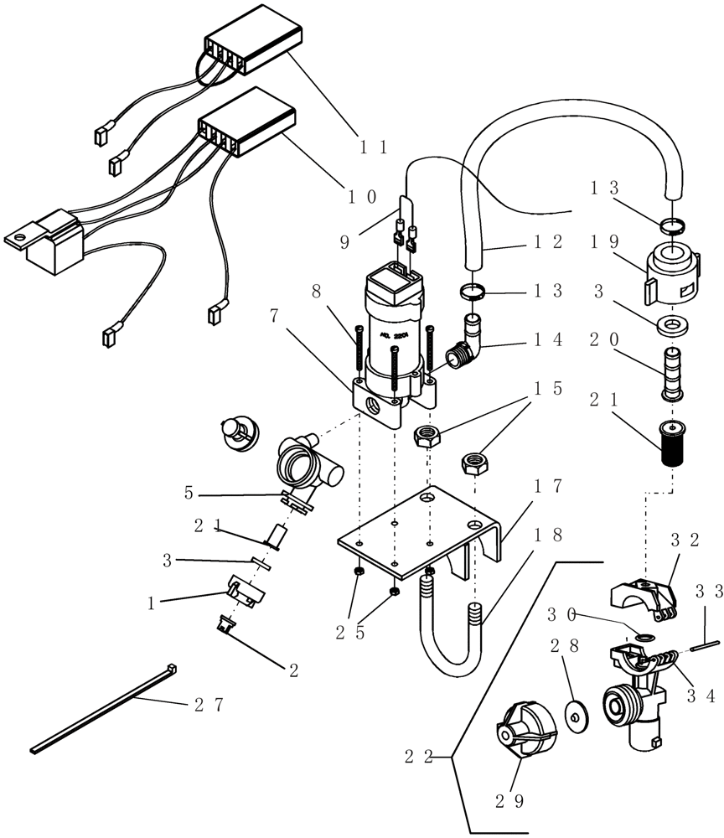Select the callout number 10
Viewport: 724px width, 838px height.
click(362, 197)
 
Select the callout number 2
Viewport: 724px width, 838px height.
click(293, 670)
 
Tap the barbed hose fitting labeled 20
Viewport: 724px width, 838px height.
click(671, 372)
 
